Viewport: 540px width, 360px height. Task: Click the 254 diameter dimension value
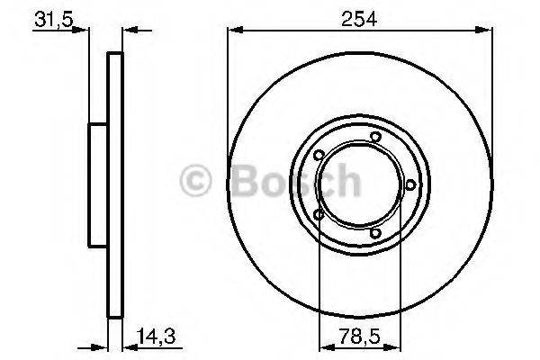(x=359, y=16)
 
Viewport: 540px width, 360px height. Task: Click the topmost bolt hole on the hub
(x=375, y=137)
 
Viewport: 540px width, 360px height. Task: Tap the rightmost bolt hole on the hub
(x=410, y=184)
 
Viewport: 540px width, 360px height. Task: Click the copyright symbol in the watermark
(x=197, y=183)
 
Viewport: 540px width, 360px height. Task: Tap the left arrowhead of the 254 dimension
(x=231, y=31)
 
